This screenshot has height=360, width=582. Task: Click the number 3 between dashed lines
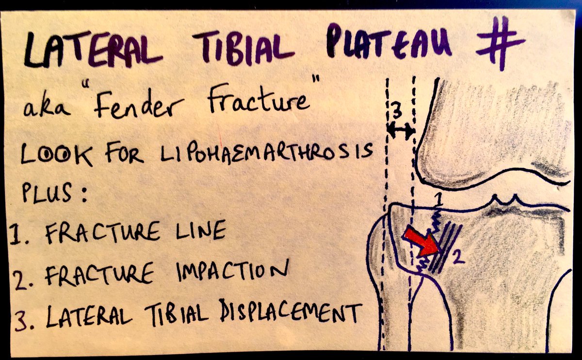point(397,113)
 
